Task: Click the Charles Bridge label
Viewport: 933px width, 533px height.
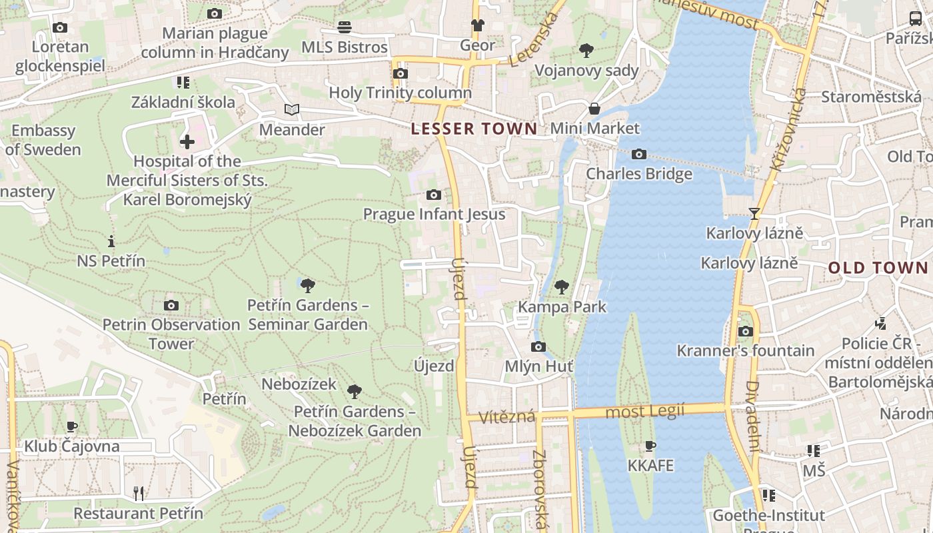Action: click(639, 174)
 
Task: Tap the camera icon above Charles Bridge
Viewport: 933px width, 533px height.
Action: click(639, 155)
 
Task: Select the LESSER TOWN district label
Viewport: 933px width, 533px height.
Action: click(474, 129)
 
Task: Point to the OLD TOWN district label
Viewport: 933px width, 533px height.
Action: click(878, 268)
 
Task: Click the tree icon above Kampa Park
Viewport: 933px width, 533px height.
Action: click(562, 287)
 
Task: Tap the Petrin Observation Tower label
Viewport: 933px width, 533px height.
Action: click(171, 334)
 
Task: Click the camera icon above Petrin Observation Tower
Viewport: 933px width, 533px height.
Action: click(171, 306)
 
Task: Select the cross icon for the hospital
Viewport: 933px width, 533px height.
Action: click(187, 141)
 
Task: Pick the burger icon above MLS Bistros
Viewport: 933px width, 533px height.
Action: click(345, 27)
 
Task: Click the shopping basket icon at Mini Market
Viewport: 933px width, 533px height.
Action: click(594, 109)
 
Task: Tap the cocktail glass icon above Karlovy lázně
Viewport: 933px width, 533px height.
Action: click(754, 214)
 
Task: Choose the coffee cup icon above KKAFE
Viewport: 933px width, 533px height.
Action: click(650, 446)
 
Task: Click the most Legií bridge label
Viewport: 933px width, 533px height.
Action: click(644, 412)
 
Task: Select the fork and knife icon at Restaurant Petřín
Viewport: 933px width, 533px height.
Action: click(139, 493)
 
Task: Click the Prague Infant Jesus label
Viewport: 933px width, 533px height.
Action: click(434, 214)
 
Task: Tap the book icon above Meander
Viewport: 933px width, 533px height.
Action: click(291, 110)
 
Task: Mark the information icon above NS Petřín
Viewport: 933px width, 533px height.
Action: click(111, 241)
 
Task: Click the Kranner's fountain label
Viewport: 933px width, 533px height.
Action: click(745, 350)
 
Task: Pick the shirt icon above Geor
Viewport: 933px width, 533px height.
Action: click(477, 25)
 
